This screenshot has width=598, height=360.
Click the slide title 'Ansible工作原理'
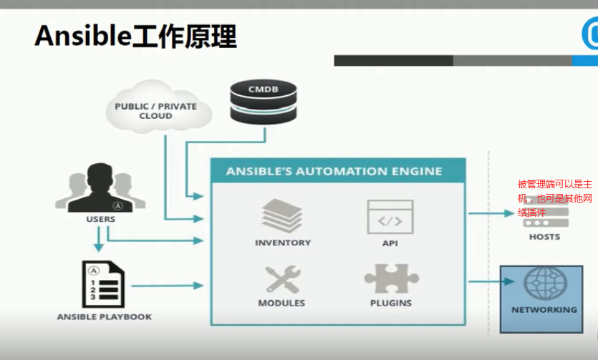(x=135, y=36)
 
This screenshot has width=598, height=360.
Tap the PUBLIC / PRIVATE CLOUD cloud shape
(x=155, y=110)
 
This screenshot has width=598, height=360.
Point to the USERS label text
(x=100, y=219)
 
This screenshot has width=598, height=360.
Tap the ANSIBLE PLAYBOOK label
(x=105, y=316)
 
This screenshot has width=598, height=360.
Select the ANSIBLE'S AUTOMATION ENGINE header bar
(x=337, y=172)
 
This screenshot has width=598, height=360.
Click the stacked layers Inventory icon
(x=282, y=215)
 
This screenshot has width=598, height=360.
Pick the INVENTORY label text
(x=283, y=243)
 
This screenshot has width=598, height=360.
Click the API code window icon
(x=390, y=217)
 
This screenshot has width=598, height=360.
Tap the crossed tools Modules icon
(x=282, y=279)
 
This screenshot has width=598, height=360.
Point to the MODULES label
(x=282, y=303)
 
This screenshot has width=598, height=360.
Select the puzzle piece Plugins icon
(x=391, y=279)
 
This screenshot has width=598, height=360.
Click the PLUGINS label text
(x=391, y=303)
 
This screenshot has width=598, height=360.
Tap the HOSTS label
(x=545, y=237)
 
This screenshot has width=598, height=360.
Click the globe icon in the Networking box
(x=545, y=284)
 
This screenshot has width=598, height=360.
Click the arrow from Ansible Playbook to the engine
(x=169, y=285)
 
